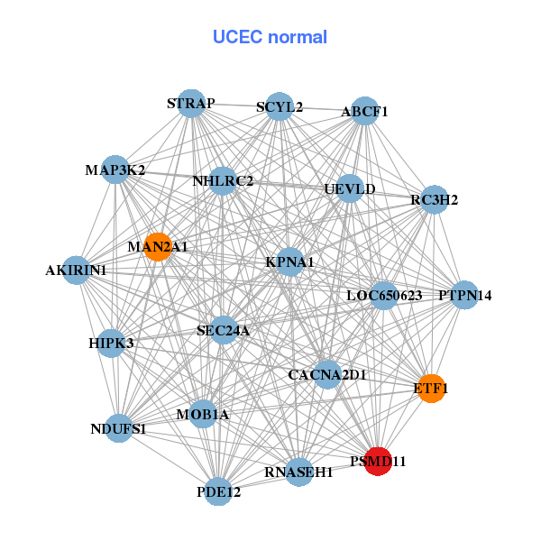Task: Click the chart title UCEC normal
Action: pos(270,37)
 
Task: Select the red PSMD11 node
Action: pos(378,460)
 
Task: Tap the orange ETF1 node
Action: pos(431,388)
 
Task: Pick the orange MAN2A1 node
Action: pos(158,246)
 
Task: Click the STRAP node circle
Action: pos(190,104)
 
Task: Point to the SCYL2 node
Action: pos(280,106)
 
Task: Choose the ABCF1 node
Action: pos(364,112)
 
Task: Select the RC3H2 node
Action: pos(435,199)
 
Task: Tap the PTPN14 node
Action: pos(464,295)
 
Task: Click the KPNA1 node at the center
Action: pos(289,262)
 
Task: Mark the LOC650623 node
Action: pos(385,295)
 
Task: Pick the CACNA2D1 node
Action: pos(327,373)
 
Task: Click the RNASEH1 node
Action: pos(299,471)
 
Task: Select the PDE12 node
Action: pos(219,491)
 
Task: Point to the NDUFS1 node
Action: pos(118,428)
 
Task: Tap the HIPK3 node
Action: pos(111,343)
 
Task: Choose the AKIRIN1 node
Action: pos(76,270)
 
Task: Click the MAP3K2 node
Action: pos(115,170)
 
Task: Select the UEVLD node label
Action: pos(350,189)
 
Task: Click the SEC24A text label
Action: pos(223,331)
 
